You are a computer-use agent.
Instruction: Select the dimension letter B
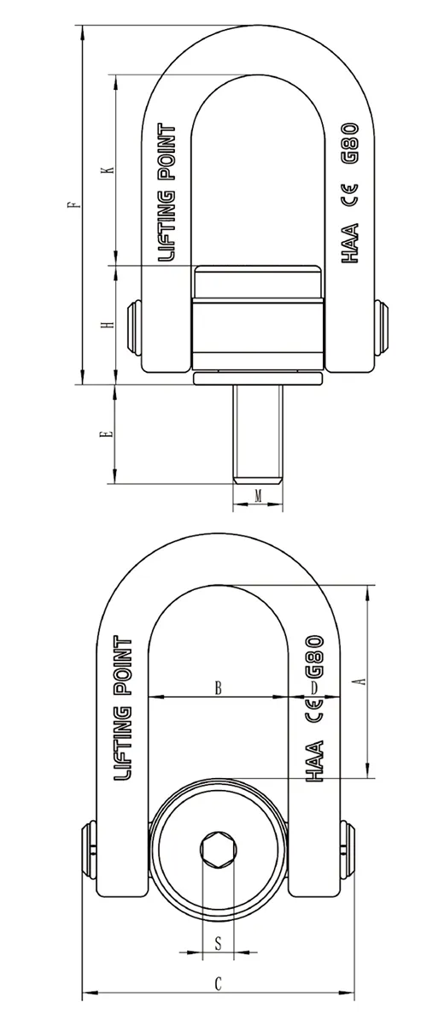tap(219, 687)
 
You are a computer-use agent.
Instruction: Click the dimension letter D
tap(314, 687)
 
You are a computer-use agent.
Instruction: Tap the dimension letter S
tap(219, 943)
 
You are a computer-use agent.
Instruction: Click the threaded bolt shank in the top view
tap(257, 432)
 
